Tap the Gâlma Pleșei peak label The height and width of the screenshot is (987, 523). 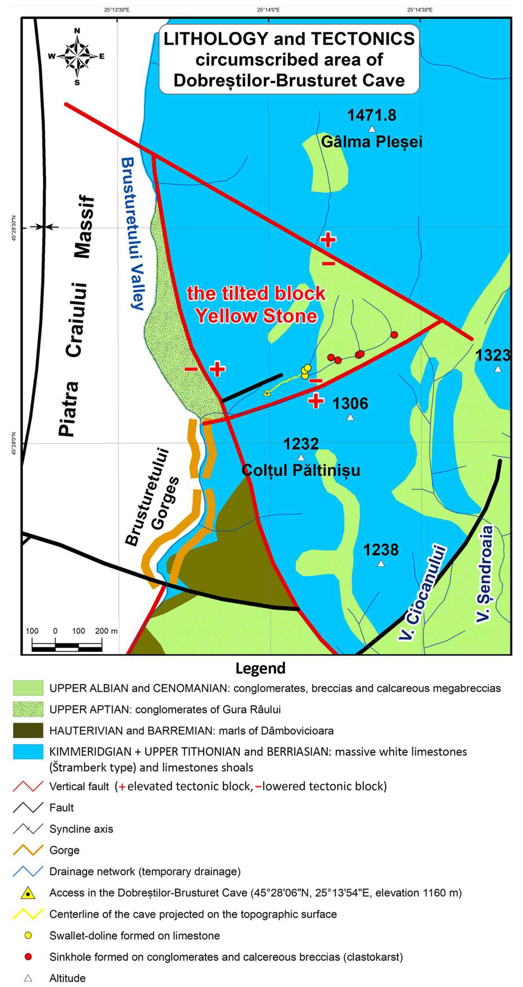pyautogui.click(x=371, y=142)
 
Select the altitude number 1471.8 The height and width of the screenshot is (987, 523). pyautogui.click(x=371, y=115)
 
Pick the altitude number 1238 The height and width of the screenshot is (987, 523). pyautogui.click(x=381, y=550)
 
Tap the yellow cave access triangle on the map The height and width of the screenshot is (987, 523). pyautogui.click(x=267, y=393)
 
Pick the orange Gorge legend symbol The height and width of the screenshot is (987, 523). pyautogui.click(x=28, y=850)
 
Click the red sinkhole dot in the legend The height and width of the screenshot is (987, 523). pyautogui.click(x=28, y=957)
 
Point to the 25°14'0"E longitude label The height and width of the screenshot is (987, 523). pyautogui.click(x=268, y=10)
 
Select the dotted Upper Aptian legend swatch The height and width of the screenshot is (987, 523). pyautogui.click(x=28, y=709)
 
